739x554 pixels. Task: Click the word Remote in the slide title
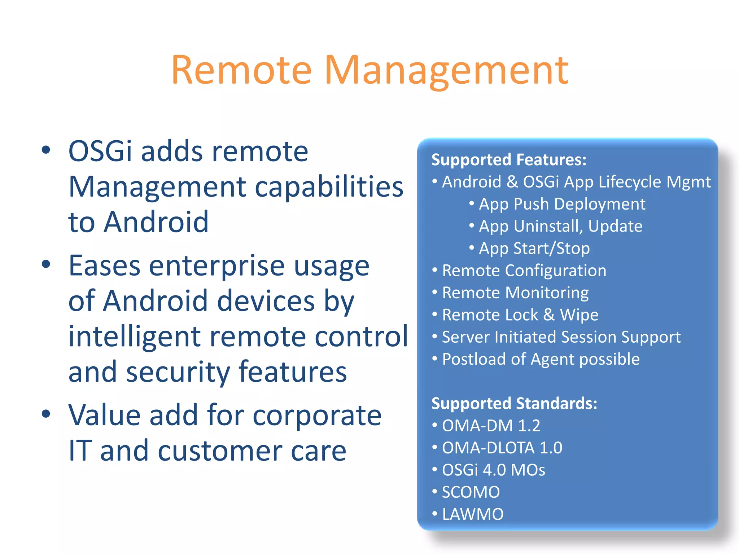(x=241, y=70)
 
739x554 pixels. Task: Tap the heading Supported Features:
(x=509, y=160)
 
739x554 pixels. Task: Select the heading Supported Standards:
(x=514, y=403)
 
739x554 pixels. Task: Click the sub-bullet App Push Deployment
(x=562, y=204)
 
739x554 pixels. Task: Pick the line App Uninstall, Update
(x=560, y=227)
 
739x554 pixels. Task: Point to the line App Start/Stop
(x=534, y=249)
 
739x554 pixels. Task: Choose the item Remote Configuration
(x=524, y=271)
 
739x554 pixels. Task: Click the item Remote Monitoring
(x=515, y=293)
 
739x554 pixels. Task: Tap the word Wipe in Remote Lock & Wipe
(x=579, y=315)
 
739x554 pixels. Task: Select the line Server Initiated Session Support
(x=561, y=337)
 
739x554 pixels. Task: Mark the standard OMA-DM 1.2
(x=491, y=426)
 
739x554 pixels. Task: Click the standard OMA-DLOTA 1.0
(x=502, y=448)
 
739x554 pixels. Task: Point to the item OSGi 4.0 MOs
(x=493, y=470)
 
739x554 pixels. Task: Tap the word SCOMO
(x=471, y=492)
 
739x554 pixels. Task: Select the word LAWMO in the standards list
(x=473, y=514)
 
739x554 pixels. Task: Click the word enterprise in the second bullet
(x=217, y=266)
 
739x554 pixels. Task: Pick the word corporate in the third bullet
(x=317, y=415)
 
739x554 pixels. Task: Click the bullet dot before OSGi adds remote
(x=46, y=150)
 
